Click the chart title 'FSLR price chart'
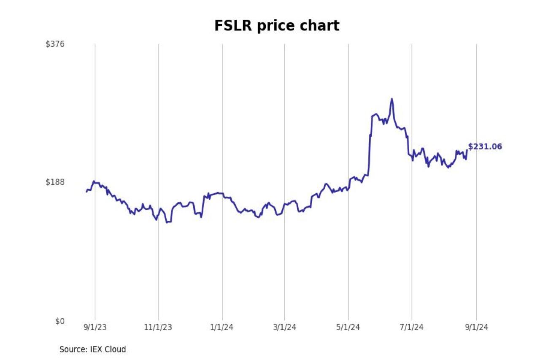coord(277,26)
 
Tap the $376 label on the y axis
coord(55,44)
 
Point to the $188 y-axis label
coord(55,182)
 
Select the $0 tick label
coord(59,321)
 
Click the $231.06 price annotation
coord(485,147)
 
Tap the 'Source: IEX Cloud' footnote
coord(92,349)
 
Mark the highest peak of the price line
coord(392,99)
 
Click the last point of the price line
coord(467,151)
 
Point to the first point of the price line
coord(86,192)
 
